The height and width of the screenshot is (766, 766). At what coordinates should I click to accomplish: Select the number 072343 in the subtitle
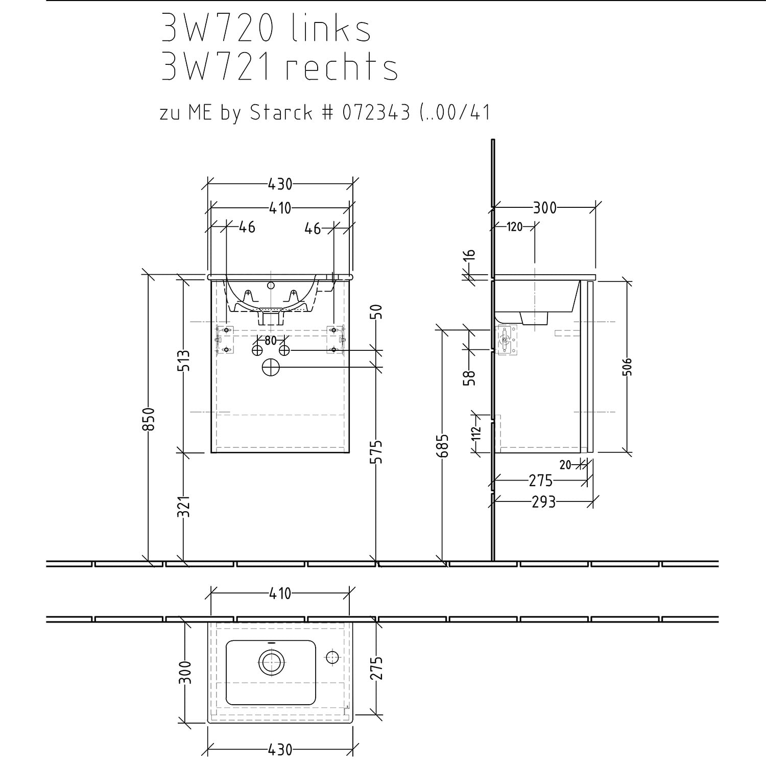coord(376,112)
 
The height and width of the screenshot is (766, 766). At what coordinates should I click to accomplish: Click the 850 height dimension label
coord(149,418)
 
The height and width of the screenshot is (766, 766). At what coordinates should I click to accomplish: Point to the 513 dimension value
coord(184,361)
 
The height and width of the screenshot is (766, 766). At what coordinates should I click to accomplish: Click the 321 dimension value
coord(184,506)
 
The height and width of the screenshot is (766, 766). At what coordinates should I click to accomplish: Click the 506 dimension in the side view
coord(628,367)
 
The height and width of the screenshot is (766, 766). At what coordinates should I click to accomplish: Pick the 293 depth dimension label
coord(543,502)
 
